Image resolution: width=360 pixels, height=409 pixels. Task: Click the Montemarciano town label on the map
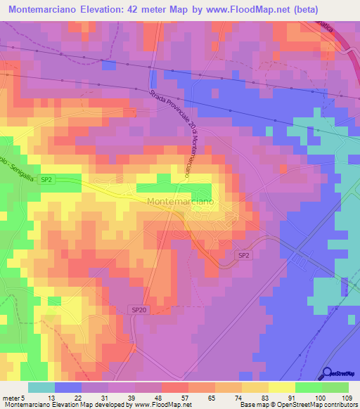[183, 201]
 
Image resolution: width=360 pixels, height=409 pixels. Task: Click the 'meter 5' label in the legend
[14, 397]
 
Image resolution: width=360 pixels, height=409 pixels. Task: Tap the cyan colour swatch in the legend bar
[41, 387]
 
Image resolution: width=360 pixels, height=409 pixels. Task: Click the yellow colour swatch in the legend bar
[282, 387]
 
